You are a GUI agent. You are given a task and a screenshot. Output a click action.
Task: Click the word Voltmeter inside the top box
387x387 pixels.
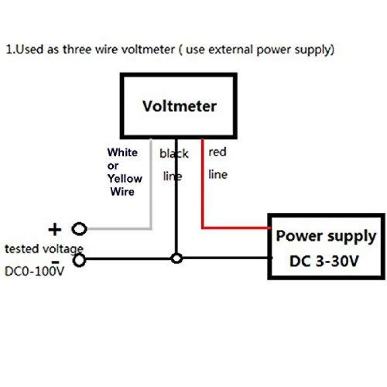click(x=179, y=106)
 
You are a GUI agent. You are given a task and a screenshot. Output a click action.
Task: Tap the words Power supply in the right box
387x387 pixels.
click(x=326, y=237)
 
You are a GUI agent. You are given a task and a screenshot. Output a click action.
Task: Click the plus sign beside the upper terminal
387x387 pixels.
click(x=56, y=228)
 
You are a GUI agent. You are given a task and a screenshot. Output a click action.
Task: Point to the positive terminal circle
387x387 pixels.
click(x=79, y=228)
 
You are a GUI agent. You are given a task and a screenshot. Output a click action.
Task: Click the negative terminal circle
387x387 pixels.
click(x=79, y=260)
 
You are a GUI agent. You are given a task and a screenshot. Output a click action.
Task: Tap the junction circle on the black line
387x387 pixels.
click(x=177, y=258)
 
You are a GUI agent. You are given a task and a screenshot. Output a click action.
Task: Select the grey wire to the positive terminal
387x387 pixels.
click(x=151, y=193)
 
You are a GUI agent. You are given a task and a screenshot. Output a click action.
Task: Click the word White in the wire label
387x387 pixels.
click(x=122, y=153)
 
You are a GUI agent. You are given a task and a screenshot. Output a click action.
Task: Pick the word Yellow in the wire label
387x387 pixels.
click(x=125, y=179)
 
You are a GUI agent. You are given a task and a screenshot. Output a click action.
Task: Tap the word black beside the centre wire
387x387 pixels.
click(x=174, y=154)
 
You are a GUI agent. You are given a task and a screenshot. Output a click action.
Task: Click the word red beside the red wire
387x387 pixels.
click(x=217, y=152)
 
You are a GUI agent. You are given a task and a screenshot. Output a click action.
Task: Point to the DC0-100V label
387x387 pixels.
click(x=34, y=271)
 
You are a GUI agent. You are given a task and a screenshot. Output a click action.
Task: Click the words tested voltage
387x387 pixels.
click(x=44, y=249)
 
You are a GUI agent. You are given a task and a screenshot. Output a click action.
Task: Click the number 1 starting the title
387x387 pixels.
click(x=8, y=50)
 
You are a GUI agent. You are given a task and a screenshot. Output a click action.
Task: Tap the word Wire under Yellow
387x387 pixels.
click(x=122, y=192)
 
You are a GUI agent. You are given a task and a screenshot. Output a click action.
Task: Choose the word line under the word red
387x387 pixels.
click(x=217, y=174)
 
